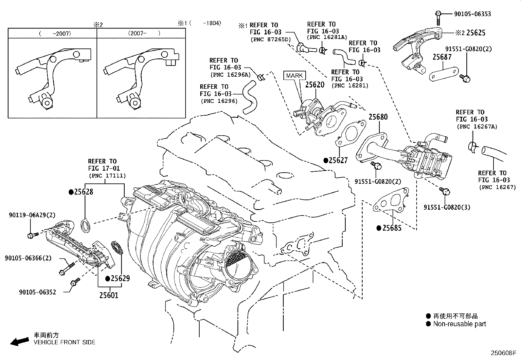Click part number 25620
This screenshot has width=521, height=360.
(314, 85)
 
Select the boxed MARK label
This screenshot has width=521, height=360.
(294, 76)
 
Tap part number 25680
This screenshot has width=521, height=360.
(378, 117)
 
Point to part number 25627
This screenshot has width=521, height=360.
(338, 160)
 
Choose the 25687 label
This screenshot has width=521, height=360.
(442, 57)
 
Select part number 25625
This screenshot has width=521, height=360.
(476, 33)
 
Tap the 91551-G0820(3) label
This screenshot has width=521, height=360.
(447, 207)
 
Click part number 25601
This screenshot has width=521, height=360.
(109, 295)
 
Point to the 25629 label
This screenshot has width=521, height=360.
(120, 278)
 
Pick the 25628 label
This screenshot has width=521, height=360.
(83, 192)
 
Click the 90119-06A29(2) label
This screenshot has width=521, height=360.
(32, 215)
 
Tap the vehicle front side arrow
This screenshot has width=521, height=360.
(19, 342)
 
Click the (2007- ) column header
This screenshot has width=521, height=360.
(141, 33)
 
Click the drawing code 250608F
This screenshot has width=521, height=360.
(503, 353)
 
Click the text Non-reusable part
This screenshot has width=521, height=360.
(459, 324)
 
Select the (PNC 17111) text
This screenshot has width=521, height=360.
(107, 176)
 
